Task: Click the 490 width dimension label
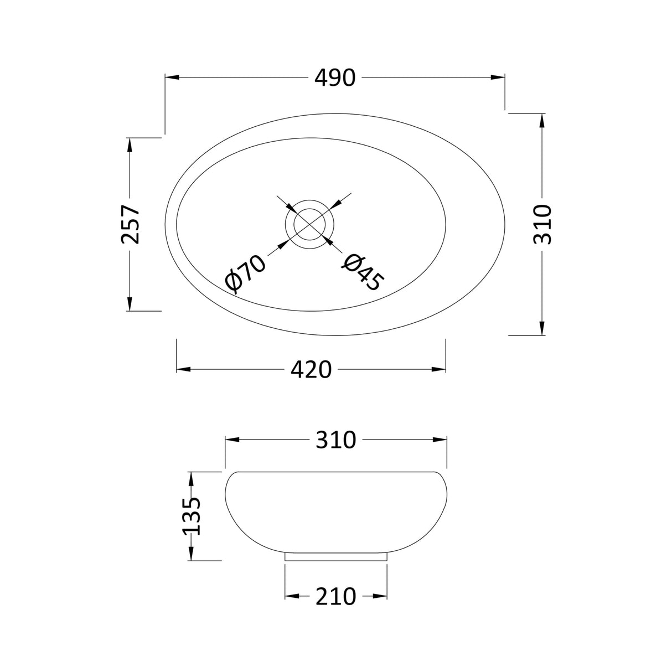[335, 78]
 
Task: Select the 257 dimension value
[131, 224]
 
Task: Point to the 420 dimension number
[311, 369]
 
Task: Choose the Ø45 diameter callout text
[361, 272]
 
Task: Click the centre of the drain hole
[310, 225]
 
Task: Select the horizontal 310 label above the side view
[335, 440]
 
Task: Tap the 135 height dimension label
[192, 516]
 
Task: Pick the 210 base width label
[335, 596]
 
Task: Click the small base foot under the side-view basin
[335, 556]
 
